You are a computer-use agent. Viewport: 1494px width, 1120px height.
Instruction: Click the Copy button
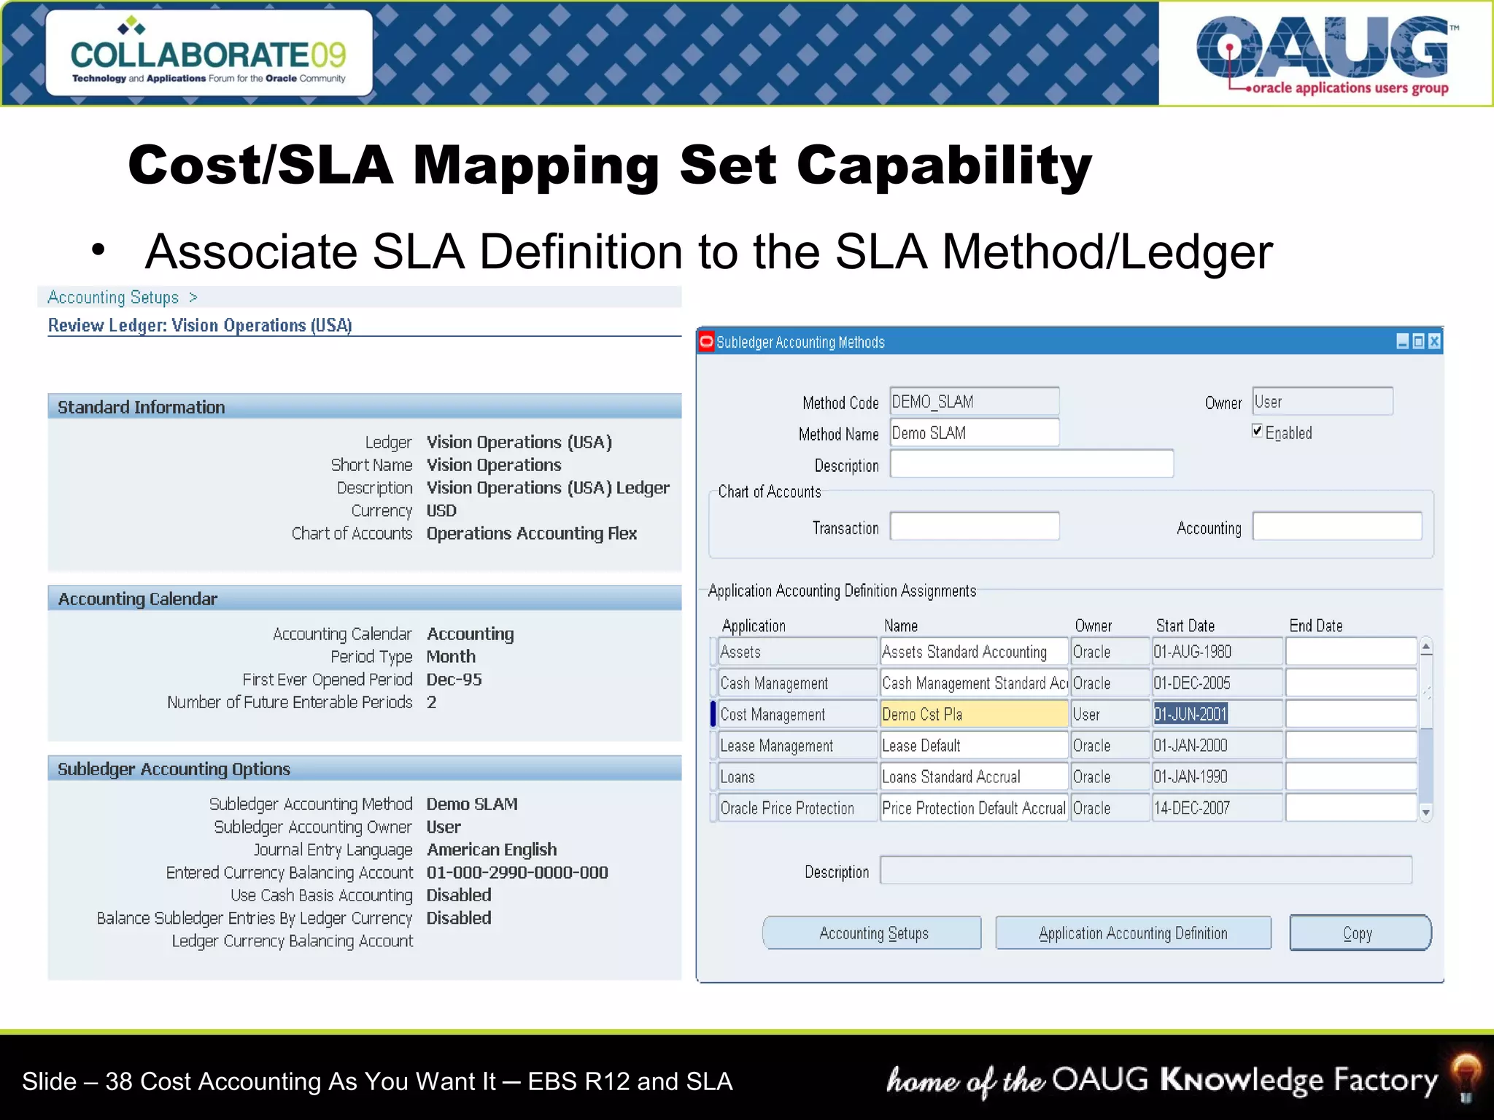click(x=1359, y=933)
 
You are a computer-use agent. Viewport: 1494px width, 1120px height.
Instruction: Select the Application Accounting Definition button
click(x=1132, y=933)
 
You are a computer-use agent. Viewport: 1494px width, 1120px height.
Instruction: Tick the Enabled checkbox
click(x=1258, y=431)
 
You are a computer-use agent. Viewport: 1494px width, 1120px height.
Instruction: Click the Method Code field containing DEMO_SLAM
click(x=974, y=402)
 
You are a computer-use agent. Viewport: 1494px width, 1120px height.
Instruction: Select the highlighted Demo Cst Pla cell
click(x=973, y=715)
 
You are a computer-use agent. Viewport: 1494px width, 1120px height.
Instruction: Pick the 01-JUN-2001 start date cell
click(x=1191, y=715)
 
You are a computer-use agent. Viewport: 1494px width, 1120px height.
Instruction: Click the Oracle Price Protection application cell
click(x=797, y=809)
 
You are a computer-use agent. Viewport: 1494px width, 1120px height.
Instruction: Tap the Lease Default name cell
click(x=973, y=746)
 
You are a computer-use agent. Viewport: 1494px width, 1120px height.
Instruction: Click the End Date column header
click(x=1315, y=626)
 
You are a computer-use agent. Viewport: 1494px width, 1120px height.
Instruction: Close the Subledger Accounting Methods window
click(x=1434, y=341)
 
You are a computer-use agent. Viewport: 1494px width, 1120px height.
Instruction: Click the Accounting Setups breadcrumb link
click(x=113, y=297)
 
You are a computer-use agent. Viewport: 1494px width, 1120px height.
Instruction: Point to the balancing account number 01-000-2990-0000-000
click(x=517, y=873)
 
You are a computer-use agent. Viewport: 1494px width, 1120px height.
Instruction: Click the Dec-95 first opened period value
click(x=454, y=680)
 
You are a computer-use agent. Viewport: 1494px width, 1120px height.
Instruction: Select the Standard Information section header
click(x=142, y=407)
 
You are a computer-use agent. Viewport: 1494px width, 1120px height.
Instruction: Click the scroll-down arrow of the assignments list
click(x=1426, y=812)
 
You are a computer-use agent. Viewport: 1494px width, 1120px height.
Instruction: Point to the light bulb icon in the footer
click(x=1466, y=1076)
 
